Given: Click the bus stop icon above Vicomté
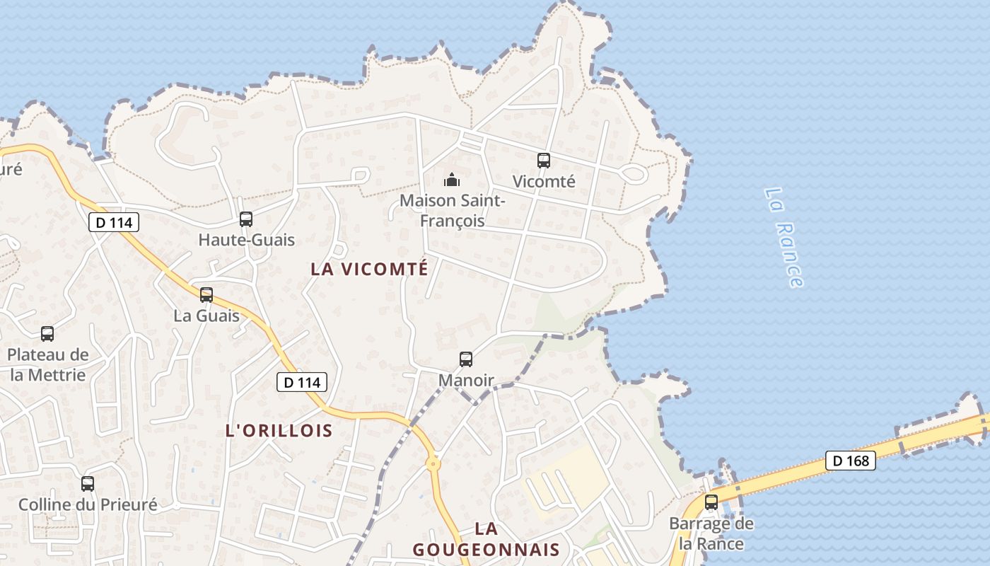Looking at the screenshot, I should click(543, 161).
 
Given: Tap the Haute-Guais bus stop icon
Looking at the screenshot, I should click(246, 219).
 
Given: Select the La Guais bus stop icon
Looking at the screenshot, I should click(206, 294).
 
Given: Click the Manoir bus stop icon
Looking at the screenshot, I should click(466, 359).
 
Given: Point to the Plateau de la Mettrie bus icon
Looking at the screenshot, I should click(47, 333).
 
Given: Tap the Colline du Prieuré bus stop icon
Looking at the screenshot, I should click(88, 484).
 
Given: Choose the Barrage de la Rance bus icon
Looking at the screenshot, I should click(711, 502).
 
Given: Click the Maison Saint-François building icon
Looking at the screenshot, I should click(453, 180).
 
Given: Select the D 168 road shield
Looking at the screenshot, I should click(851, 461).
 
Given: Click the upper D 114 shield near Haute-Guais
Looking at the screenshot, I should click(114, 222).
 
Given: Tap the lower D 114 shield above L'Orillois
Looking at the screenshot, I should click(302, 382).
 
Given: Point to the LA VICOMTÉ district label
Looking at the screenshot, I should click(370, 269).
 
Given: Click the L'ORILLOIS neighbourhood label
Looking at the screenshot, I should click(279, 430).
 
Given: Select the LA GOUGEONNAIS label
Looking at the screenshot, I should click(487, 539).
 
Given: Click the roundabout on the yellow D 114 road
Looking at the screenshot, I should click(433, 464).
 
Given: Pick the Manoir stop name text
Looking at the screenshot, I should click(466, 381).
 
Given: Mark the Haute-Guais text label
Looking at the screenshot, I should click(246, 240).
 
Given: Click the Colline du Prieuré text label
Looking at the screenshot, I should click(88, 505).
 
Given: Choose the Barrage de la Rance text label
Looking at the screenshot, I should click(711, 534).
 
